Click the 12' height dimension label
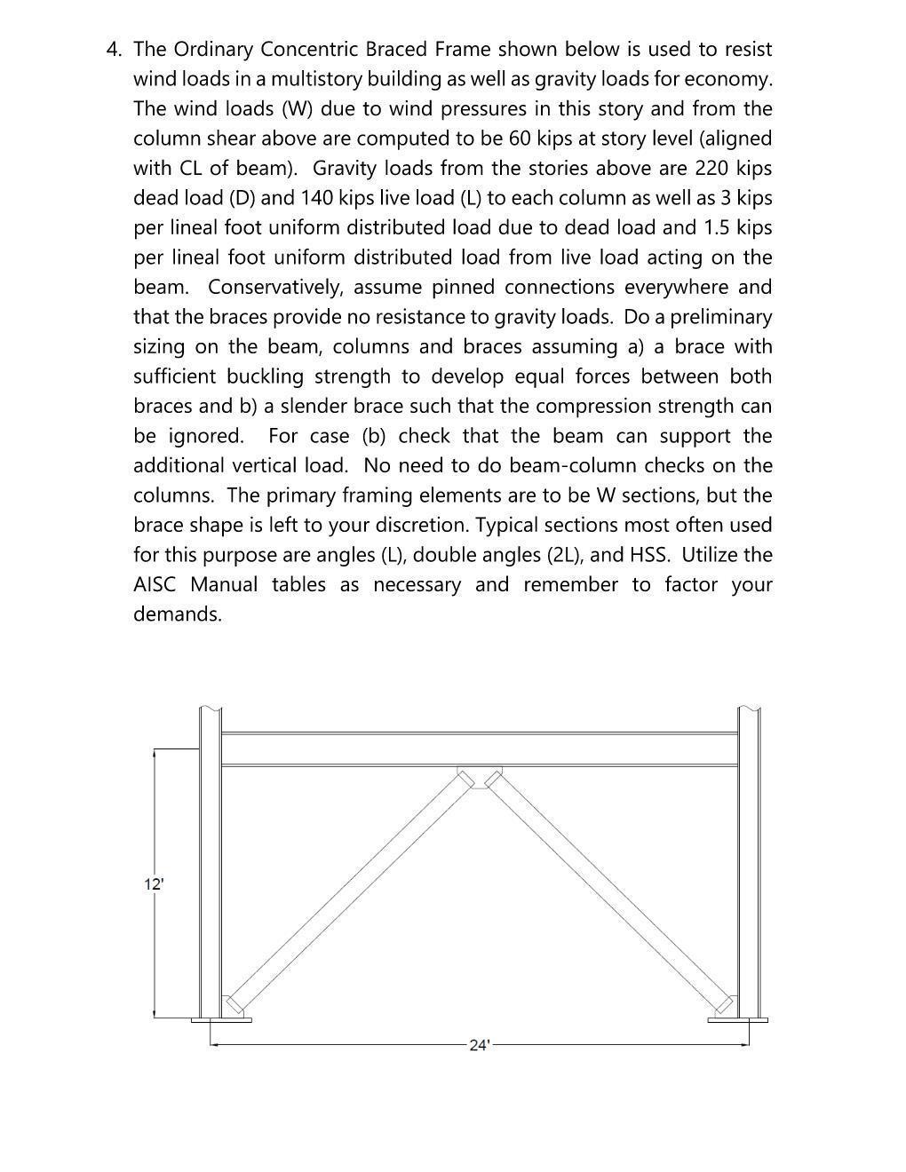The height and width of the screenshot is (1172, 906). pyautogui.click(x=154, y=884)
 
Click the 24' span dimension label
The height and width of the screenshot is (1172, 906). pyautogui.click(x=479, y=1045)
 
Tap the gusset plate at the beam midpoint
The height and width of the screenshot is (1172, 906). pyautogui.click(x=480, y=774)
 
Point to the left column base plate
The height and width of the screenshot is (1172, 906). pyautogui.click(x=221, y=1019)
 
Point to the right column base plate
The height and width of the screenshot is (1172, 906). pyautogui.click(x=737, y=1019)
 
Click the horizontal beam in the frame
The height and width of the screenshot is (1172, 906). pyautogui.click(x=480, y=749)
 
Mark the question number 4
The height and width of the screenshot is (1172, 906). pyautogui.click(x=113, y=50)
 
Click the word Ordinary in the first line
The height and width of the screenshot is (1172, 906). pyautogui.click(x=213, y=50)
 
